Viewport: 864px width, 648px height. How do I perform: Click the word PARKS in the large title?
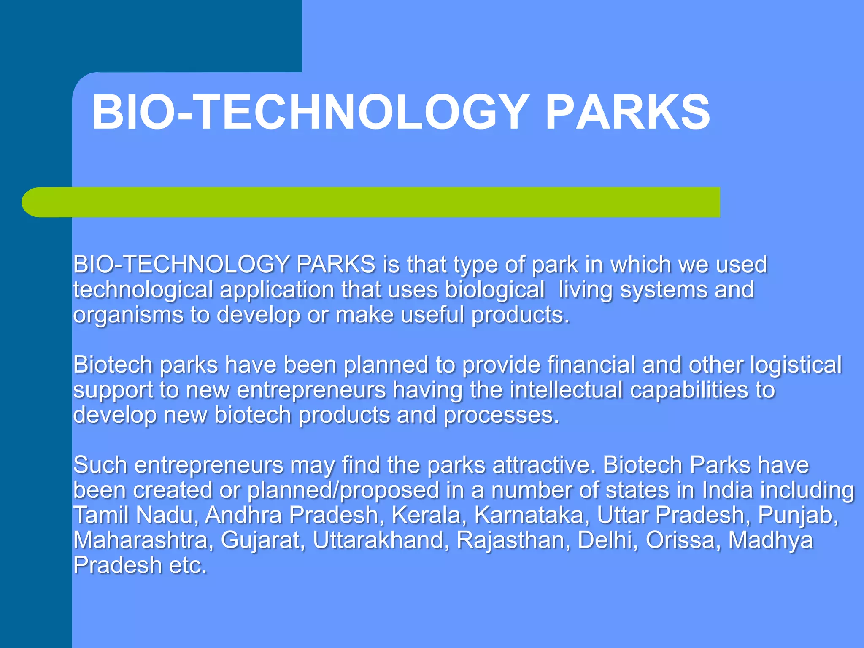pyautogui.click(x=627, y=112)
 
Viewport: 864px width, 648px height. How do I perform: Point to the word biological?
pyautogui.click(x=494, y=290)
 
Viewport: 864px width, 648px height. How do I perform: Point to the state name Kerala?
pyautogui.click(x=427, y=515)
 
